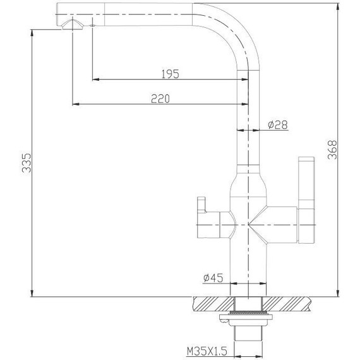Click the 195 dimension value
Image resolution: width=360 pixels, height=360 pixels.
point(170,73)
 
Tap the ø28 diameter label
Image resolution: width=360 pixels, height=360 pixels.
point(278,125)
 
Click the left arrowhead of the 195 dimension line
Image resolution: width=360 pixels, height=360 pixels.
point(95,80)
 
